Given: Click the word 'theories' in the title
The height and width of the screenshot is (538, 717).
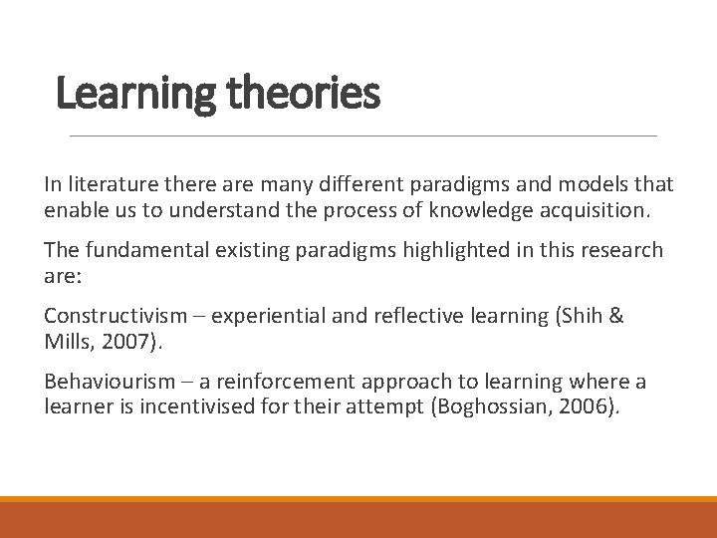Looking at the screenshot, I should [303, 94].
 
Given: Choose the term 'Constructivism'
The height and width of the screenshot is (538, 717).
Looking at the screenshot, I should [114, 316].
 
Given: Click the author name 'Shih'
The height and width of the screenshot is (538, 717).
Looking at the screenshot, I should [581, 316].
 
